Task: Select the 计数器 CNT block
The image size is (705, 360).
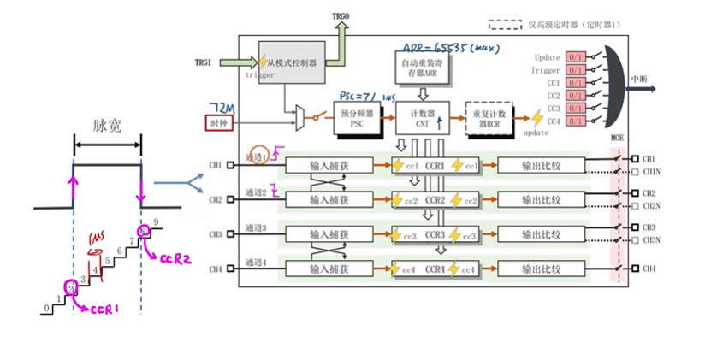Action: coord(418,117)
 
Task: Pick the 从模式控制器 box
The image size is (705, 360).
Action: coord(290,62)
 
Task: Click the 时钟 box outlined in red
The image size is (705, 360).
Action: coord(220,123)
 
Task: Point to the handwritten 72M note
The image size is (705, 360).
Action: coord(221,105)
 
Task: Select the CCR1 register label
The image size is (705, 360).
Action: coord(435,165)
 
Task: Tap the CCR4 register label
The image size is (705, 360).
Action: coord(435,269)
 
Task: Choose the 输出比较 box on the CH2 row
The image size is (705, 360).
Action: coord(541,199)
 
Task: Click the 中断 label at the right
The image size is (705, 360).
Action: coord(640,79)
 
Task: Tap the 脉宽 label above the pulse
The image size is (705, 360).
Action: coord(106,125)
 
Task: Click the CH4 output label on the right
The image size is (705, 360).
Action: coord(650,269)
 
